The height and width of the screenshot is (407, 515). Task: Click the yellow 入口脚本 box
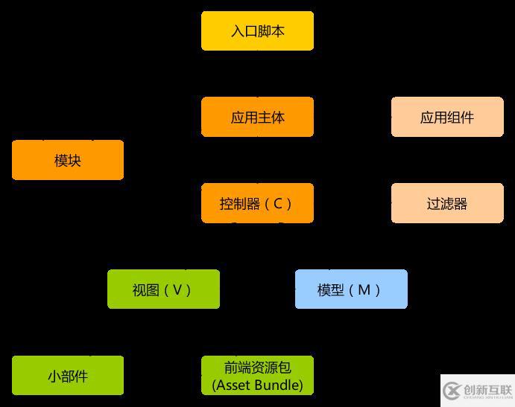tap(257, 31)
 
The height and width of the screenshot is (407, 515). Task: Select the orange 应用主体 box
tap(257, 118)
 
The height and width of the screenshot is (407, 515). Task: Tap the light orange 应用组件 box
tap(447, 118)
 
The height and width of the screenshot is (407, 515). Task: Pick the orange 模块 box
tap(68, 160)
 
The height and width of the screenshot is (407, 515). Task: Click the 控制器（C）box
tap(257, 203)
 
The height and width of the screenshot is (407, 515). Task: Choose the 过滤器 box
tap(447, 203)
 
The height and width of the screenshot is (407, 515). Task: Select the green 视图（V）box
tap(163, 289)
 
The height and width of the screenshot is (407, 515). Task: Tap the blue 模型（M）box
tap(351, 289)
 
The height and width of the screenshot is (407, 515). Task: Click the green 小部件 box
tap(68, 376)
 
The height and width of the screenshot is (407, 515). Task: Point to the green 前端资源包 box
tap(257, 376)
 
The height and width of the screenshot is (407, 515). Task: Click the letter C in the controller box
tap(278, 203)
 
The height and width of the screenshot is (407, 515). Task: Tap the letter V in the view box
tap(177, 289)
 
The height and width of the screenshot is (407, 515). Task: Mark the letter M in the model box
tap(364, 289)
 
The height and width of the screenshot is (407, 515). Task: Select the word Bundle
tap(277, 385)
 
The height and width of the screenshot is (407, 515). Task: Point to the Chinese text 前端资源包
tap(257, 368)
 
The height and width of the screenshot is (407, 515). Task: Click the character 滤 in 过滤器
tap(447, 203)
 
